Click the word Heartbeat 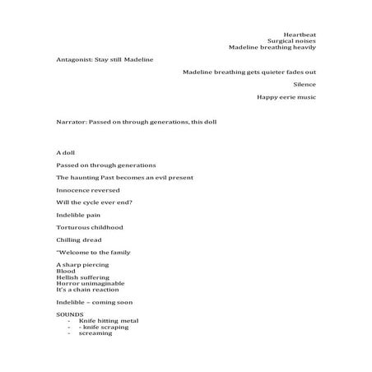point(299,35)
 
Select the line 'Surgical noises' point(291,41)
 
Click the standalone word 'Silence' point(305,84)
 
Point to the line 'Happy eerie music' point(286,97)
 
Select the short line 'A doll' point(65,153)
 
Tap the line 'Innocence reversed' point(87,189)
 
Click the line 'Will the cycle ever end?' point(95,202)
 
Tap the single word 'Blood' point(65,271)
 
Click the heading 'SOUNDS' point(69,314)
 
